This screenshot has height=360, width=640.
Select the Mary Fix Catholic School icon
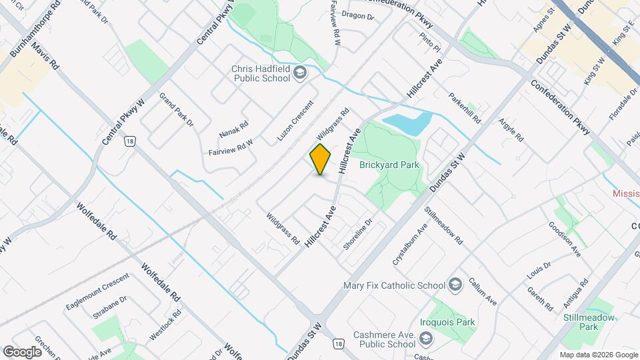point(455,285)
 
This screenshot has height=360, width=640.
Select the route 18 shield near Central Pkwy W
point(129,141)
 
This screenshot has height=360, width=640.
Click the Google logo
point(22,351)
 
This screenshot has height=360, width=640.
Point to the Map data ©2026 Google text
point(598,355)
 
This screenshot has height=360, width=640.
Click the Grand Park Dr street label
point(175,109)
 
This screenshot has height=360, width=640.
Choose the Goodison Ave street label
point(565,239)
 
